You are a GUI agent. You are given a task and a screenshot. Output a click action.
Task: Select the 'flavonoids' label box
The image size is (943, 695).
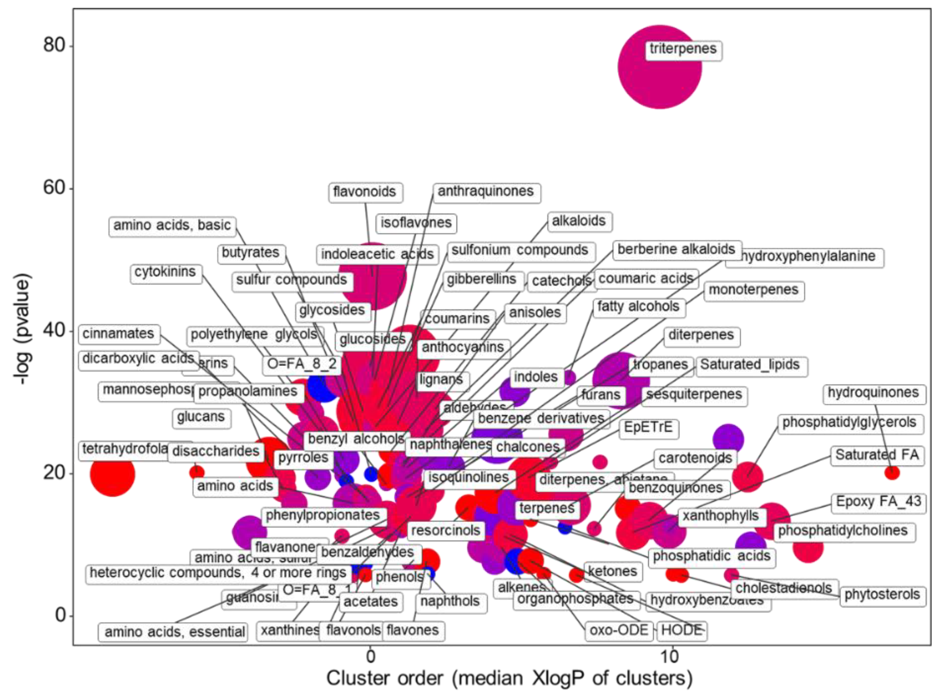click(365, 192)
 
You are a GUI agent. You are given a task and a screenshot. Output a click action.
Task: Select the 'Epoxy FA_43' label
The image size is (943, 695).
click(878, 502)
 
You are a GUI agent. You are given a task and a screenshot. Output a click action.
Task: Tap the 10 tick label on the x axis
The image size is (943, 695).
click(670, 656)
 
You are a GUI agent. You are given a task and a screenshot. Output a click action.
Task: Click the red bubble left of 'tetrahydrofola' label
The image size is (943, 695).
click(112, 474)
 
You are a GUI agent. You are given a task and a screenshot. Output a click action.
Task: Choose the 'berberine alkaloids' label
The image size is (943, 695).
click(676, 249)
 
